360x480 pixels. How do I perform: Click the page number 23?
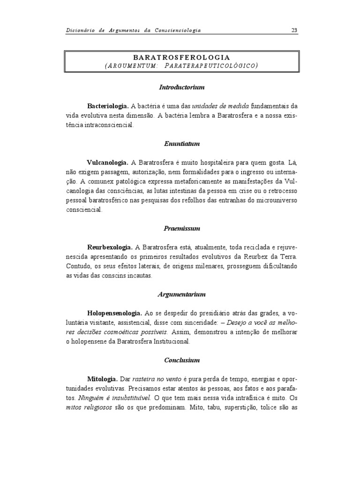pos(294,30)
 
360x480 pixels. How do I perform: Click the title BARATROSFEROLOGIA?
pos(181,56)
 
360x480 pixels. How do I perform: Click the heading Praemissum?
pos(182,228)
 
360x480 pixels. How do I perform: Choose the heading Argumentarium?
pos(182,294)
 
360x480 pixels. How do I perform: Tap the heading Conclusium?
pos(182,360)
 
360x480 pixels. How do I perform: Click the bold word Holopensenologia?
pos(114,313)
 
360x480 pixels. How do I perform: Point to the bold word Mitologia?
pos(103,379)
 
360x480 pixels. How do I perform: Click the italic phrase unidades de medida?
pos(219,106)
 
